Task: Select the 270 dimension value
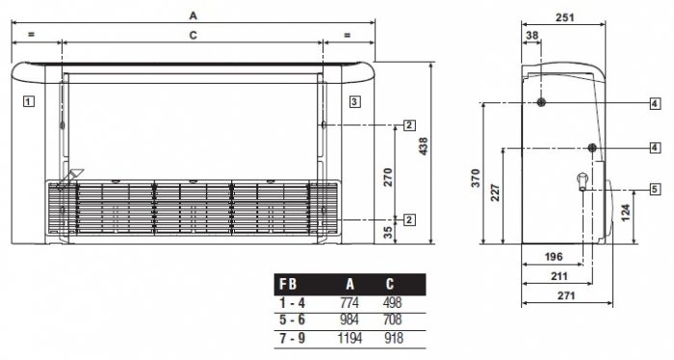(388, 176)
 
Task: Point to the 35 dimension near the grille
(388, 231)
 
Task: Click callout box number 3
(354, 100)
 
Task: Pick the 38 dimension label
(532, 36)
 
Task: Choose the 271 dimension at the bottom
(565, 296)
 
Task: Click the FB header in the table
(287, 285)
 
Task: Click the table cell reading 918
(390, 338)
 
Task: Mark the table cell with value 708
(390, 320)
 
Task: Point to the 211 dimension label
(559, 276)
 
